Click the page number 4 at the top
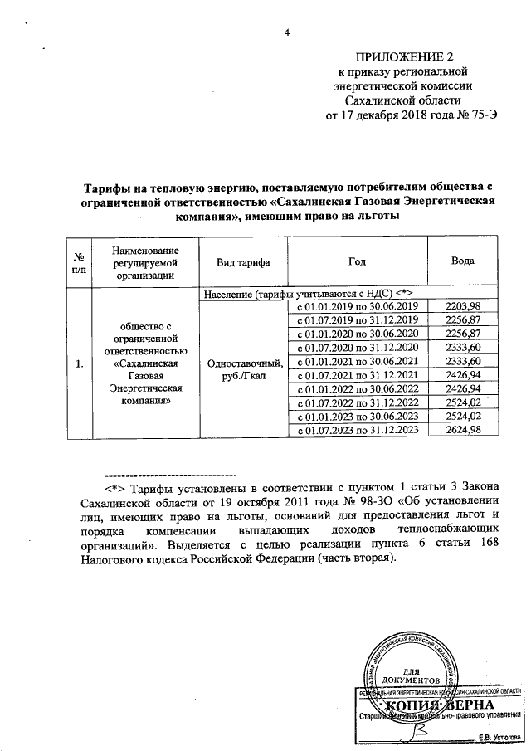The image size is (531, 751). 288,33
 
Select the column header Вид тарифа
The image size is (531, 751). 242,261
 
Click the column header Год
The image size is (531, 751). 357,261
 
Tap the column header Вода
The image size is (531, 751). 462,261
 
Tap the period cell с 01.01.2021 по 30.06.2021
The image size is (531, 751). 357,362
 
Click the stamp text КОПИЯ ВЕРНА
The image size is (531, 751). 438,705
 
